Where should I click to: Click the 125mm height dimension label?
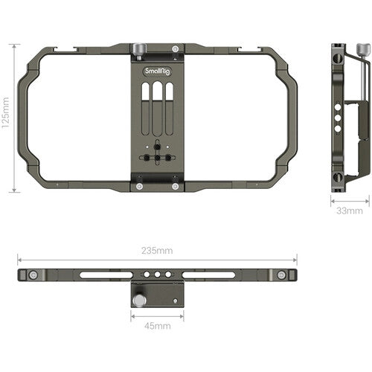[x=7, y=118]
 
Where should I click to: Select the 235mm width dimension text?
[x=158, y=251]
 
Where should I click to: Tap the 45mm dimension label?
[x=158, y=325]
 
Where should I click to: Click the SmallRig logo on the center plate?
[x=157, y=73]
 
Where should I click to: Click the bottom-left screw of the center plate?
[x=139, y=186]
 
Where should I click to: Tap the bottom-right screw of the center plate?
[x=175, y=186]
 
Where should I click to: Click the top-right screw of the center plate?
[x=175, y=50]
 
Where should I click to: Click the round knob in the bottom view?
[x=140, y=301]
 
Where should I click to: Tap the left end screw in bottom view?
[x=33, y=275]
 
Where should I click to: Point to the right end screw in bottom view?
[x=281, y=275]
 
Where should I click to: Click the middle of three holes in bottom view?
[x=158, y=274]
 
